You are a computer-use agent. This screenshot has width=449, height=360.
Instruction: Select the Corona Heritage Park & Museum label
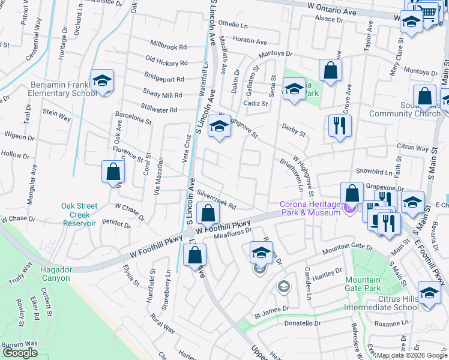tap(311, 208)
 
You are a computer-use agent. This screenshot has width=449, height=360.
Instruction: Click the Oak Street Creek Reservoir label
tap(79, 214)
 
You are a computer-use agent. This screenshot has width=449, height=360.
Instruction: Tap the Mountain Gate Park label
tap(363, 284)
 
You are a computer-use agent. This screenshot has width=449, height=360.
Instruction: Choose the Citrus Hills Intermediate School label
tap(381, 302)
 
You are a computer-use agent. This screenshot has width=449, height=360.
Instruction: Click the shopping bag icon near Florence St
tap(113, 173)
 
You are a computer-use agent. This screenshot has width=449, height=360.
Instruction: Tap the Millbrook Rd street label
tap(169, 46)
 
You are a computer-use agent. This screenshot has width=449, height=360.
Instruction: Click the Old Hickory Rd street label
tap(166, 62)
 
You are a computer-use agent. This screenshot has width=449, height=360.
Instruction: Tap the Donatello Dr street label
tap(303, 323)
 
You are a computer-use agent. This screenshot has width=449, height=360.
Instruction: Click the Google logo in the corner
tap(20, 353)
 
